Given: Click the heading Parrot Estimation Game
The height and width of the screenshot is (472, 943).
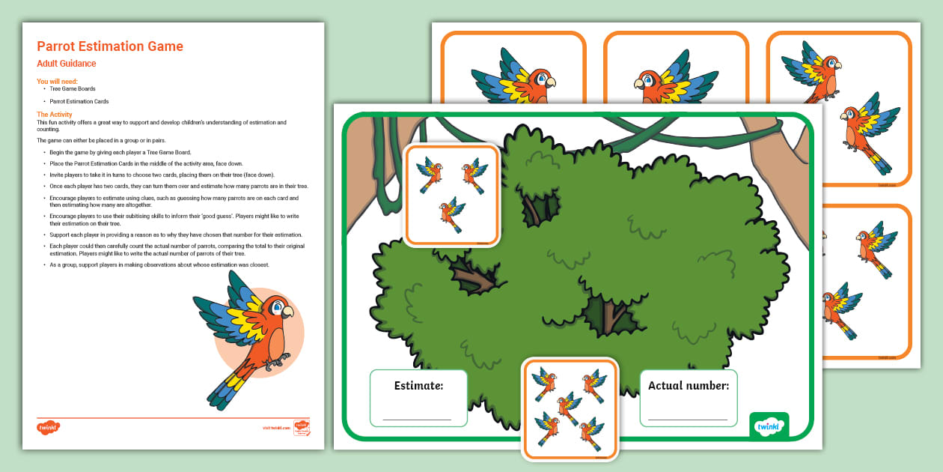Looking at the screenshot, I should [110, 46].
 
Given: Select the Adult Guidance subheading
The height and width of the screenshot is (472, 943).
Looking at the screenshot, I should [67, 64].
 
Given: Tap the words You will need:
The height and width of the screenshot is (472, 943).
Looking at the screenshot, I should [57, 82].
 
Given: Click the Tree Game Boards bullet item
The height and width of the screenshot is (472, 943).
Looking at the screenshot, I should [73, 89].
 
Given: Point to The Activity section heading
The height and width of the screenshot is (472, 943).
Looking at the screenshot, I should [55, 115].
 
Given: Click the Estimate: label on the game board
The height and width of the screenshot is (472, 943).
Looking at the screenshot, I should [418, 386].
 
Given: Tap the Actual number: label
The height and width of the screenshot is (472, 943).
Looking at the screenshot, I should [688, 386].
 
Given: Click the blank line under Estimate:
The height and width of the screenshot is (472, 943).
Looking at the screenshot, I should [417, 419].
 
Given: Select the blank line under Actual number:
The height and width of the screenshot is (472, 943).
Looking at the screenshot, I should [688, 419].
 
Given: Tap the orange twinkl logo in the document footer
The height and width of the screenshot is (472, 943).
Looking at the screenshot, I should [48, 428].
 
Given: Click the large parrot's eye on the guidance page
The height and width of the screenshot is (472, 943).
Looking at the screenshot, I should [278, 307].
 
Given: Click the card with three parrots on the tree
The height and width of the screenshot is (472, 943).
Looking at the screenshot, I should [451, 195].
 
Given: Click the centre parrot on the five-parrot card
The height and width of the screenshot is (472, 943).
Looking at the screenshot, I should [569, 405].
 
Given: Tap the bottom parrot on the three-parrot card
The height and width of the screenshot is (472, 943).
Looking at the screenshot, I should [451, 214].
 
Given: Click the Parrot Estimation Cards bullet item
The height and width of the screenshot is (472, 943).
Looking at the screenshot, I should [79, 101].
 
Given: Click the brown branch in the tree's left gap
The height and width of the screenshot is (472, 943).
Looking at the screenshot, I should [475, 278].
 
